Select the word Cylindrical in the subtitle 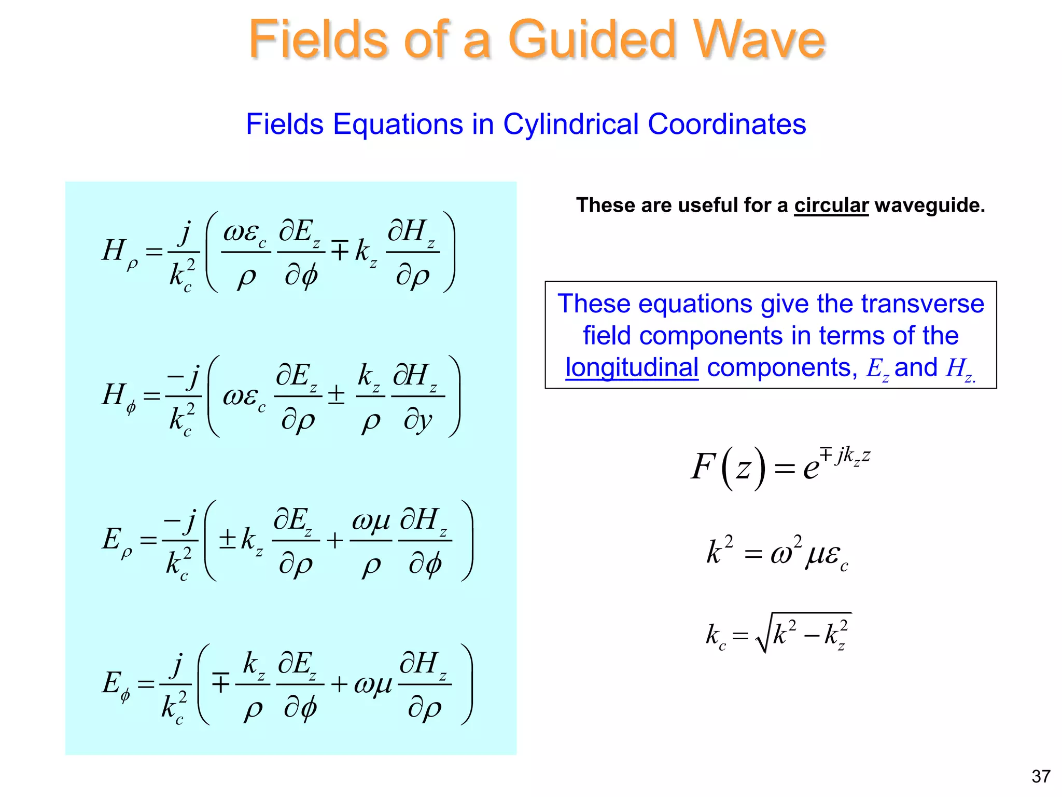pyautogui.click(x=570, y=125)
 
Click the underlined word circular pyautogui.click(x=831, y=205)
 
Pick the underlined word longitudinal pyautogui.click(x=631, y=368)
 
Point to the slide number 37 pyautogui.click(x=1041, y=776)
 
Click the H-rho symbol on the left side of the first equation pyautogui.click(x=118, y=252)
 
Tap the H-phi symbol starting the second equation pyautogui.click(x=118, y=396)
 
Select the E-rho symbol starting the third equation pyautogui.click(x=116, y=541)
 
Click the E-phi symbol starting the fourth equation pyautogui.click(x=115, y=685)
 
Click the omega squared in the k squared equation pyautogui.click(x=785, y=552)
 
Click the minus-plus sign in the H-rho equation pyautogui.click(x=340, y=251)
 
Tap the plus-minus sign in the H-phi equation pyautogui.click(x=336, y=395)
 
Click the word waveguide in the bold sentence pyautogui.click(x=929, y=205)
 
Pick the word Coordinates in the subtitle pyautogui.click(x=726, y=125)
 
